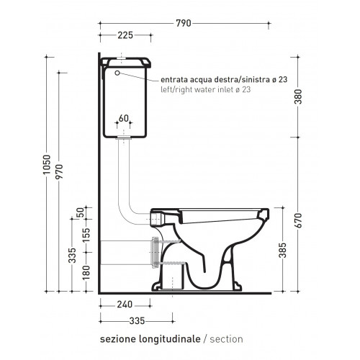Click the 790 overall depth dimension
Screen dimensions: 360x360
coord(184,23)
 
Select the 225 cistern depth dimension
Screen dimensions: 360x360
coord(125,35)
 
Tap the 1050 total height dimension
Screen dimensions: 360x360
coord(47,164)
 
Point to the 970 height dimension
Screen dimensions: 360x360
coord(59,171)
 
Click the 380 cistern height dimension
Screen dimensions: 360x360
coord(298,96)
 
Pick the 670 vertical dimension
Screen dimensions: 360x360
coord(298,220)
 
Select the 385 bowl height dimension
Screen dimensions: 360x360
coord(283,250)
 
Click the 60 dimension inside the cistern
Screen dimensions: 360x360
coord(124,118)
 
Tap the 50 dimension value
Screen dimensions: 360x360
coord(81,212)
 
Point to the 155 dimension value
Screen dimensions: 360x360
coord(86,235)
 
